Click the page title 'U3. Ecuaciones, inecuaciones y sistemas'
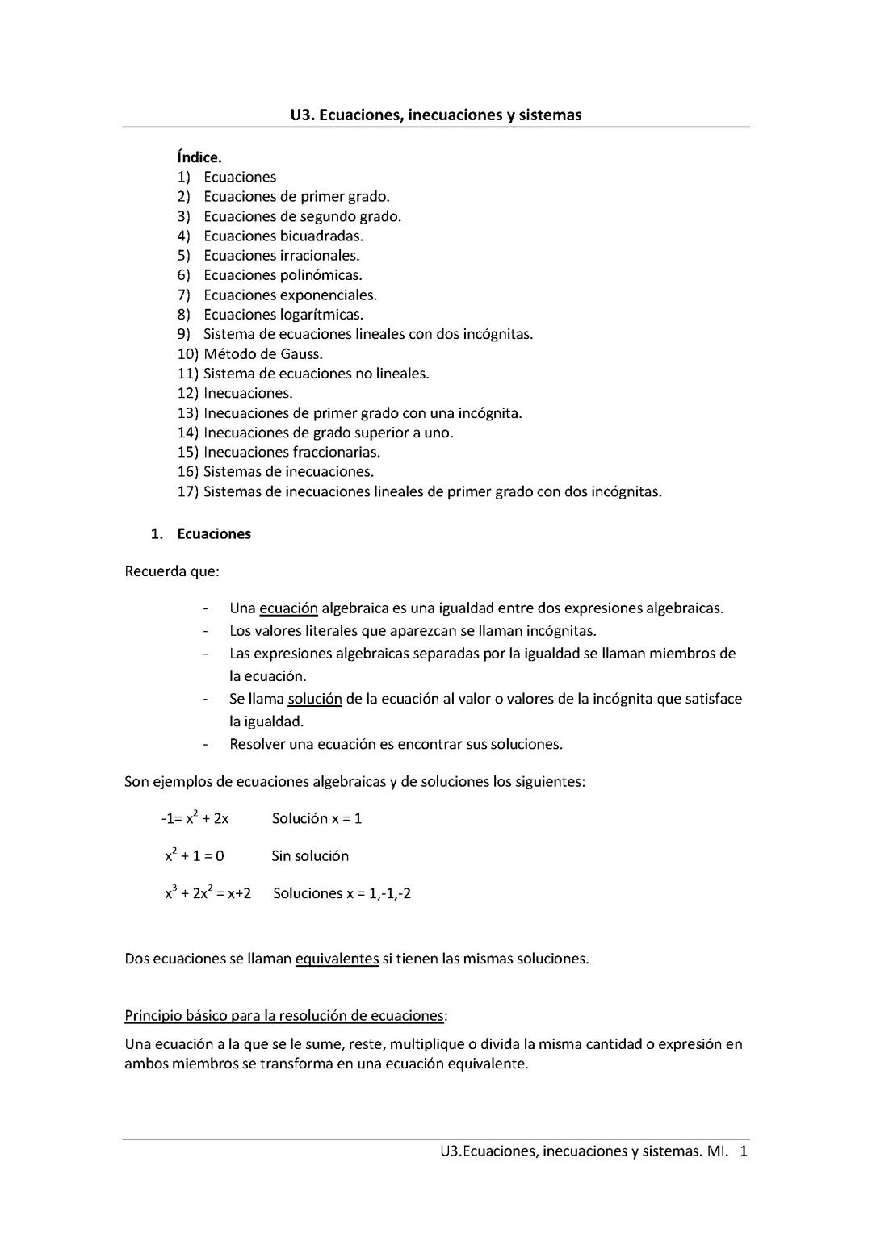[x=435, y=115]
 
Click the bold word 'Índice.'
[x=199, y=157]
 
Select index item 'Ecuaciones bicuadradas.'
[x=283, y=236]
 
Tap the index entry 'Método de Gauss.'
[x=262, y=353]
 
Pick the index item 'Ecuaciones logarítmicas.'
[x=283, y=315]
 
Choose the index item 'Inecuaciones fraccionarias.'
[x=291, y=452]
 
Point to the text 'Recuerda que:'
[x=172, y=571]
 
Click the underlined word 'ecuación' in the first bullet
[x=288, y=608]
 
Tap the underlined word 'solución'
[x=315, y=699]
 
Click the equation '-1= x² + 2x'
[x=195, y=818]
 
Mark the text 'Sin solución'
[x=310, y=856]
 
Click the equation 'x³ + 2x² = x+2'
[x=208, y=893]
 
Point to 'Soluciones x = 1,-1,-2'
[x=342, y=893]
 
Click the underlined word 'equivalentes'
[x=337, y=959]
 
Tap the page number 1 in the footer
[x=744, y=1151]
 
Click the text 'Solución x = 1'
[x=317, y=818]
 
